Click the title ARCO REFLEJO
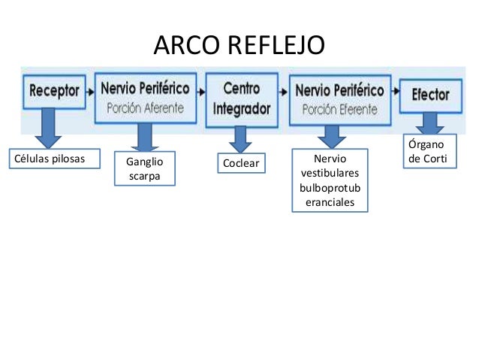239,46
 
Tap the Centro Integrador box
241,99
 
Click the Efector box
430,95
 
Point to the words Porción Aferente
145,107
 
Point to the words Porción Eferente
339,109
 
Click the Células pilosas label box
46,159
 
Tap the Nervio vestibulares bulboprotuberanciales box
330,181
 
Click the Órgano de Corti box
429,150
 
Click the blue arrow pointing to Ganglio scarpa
144,137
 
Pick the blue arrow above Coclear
240,138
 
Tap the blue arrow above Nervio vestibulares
330,135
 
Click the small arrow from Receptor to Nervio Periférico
89,92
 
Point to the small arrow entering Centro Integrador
201,92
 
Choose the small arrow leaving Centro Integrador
284,92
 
